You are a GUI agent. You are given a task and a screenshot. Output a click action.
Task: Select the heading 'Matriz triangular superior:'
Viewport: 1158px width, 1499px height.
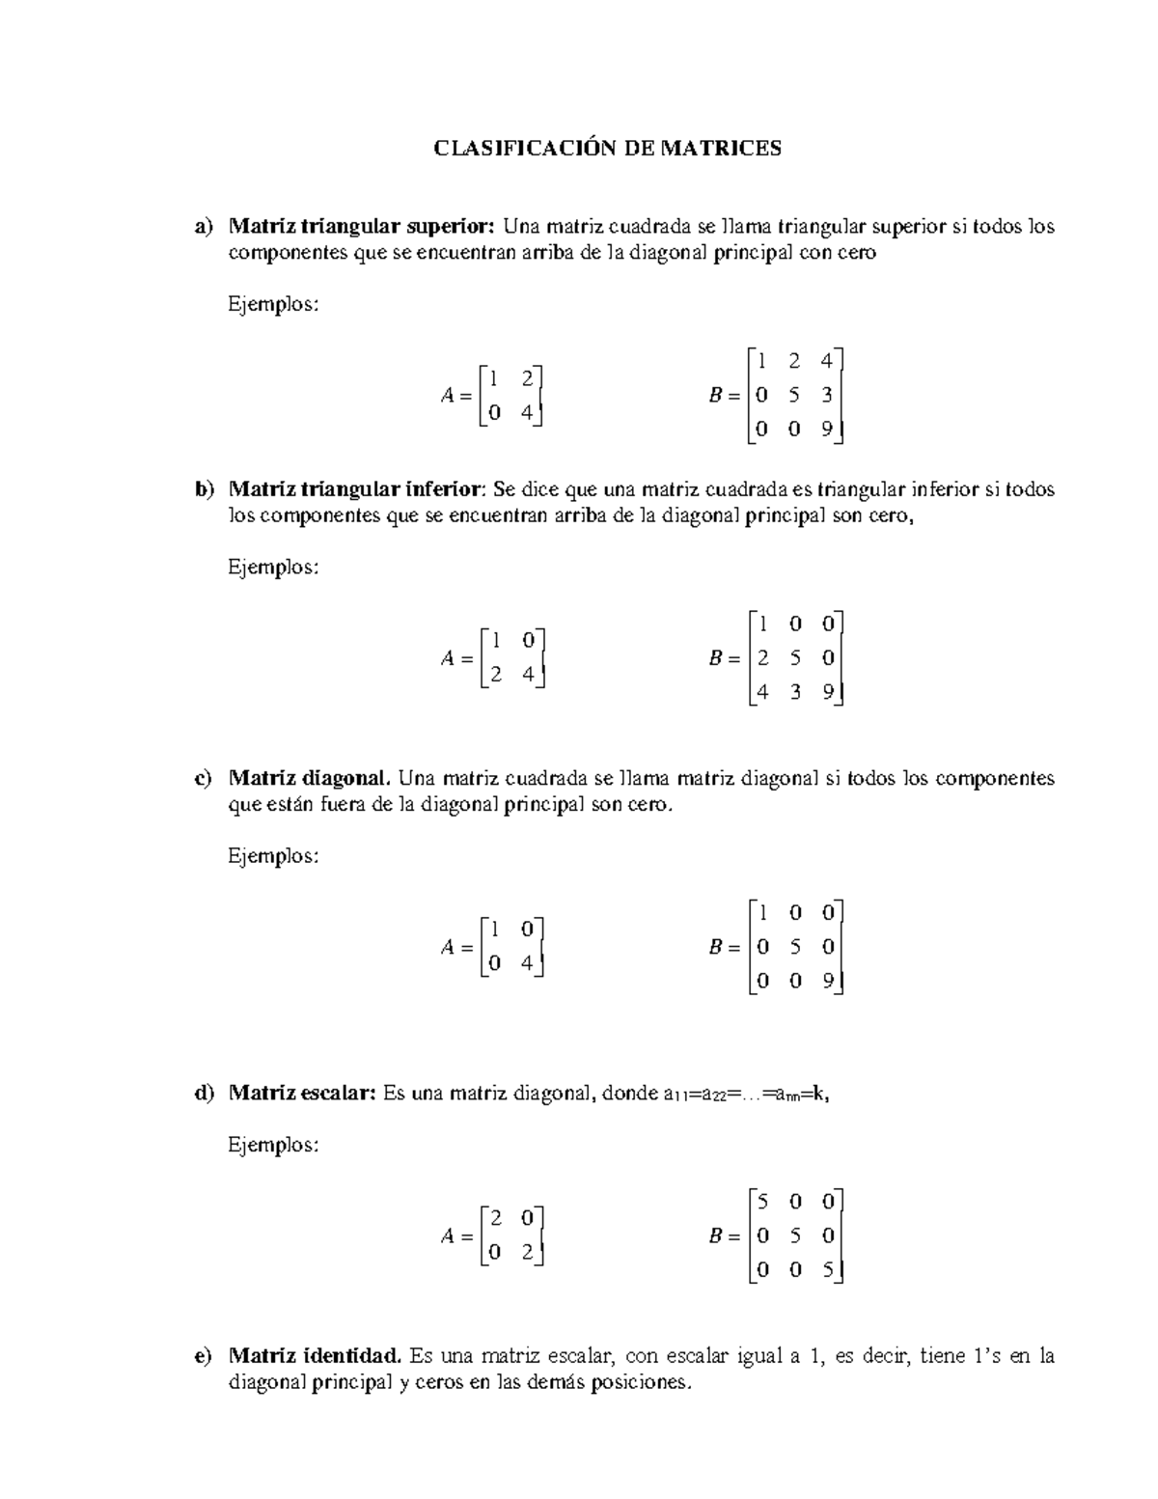click(362, 227)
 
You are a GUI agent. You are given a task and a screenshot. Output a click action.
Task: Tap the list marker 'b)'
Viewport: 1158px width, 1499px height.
click(204, 490)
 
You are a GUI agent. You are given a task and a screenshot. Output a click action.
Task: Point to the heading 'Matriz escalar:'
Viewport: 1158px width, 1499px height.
click(301, 1094)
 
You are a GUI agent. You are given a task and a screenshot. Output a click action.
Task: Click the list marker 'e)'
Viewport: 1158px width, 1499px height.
click(203, 1356)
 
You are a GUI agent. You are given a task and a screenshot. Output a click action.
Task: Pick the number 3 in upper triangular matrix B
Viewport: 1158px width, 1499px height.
click(827, 396)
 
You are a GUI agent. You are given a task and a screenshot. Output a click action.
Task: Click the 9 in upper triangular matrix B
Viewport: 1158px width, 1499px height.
click(827, 430)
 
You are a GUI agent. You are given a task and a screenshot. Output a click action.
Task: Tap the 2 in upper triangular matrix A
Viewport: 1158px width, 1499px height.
click(527, 378)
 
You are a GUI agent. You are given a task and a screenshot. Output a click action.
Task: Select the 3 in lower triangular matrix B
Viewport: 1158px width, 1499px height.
click(794, 693)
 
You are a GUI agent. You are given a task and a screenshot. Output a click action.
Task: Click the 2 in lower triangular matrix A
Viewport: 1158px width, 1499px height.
click(495, 676)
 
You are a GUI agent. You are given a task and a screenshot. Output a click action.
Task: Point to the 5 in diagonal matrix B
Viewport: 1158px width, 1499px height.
click(794, 947)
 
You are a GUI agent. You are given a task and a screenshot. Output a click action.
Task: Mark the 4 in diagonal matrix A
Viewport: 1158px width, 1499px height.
click(527, 964)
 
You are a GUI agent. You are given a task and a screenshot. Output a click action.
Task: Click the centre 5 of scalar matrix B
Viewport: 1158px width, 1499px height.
click(794, 1236)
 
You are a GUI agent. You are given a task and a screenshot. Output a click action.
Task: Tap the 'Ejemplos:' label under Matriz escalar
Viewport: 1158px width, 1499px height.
click(273, 1146)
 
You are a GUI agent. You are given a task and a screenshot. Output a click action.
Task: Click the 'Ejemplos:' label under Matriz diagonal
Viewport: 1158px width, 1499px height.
click(273, 856)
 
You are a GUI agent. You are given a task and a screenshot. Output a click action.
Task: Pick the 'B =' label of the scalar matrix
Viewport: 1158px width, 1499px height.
click(724, 1236)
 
